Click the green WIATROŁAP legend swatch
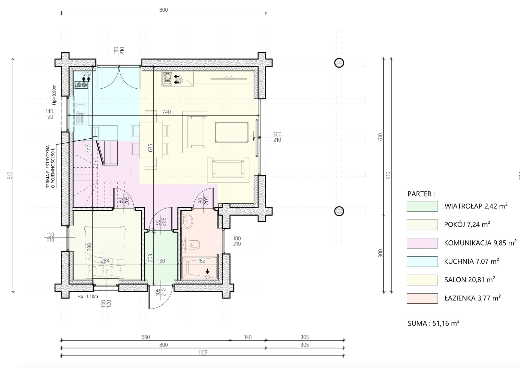(x=422, y=207)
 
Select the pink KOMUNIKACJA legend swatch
(x=422, y=243)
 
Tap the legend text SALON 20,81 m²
(x=470, y=279)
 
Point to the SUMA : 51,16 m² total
(x=433, y=324)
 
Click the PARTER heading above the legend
(x=421, y=194)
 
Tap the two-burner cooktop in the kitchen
(x=81, y=85)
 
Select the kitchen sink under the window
(x=80, y=114)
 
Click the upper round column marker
(x=339, y=63)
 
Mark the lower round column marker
(x=339, y=211)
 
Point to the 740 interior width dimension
(x=166, y=112)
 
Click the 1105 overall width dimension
(x=202, y=352)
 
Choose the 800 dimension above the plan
(x=163, y=10)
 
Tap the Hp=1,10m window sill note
(x=88, y=297)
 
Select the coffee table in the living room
(x=231, y=132)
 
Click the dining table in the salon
(x=151, y=140)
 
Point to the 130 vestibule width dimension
(x=161, y=261)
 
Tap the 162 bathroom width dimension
(x=201, y=261)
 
